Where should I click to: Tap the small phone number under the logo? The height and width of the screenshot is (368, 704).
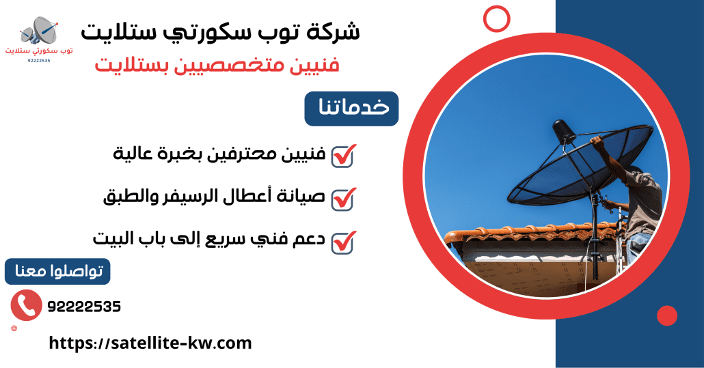point(39,61)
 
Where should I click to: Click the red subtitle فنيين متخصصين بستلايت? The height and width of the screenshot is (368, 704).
point(217,66)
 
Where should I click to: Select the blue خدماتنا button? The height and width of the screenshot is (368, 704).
point(351,109)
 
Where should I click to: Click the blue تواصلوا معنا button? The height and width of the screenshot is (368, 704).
point(57,272)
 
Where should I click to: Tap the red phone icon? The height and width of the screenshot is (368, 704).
point(27,305)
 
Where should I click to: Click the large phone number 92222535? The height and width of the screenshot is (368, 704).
point(84,307)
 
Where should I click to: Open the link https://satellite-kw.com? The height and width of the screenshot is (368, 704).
point(150,343)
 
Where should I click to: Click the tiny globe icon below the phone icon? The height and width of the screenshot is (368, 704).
point(14,328)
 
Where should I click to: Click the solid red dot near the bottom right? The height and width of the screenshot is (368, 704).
point(666,315)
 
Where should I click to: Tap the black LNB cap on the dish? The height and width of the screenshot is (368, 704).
point(563,131)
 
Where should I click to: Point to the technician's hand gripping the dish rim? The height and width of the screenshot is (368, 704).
point(597,142)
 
